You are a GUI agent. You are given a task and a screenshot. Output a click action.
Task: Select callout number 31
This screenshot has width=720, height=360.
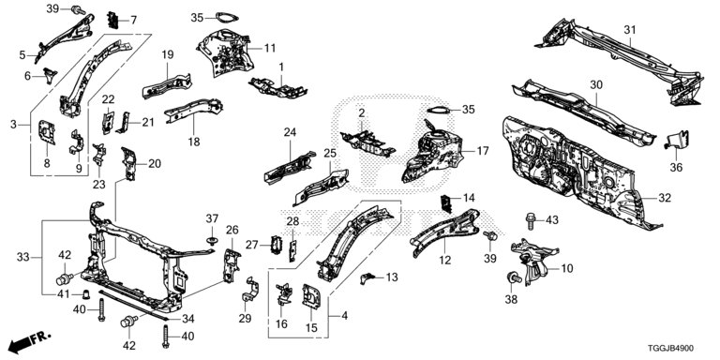630,30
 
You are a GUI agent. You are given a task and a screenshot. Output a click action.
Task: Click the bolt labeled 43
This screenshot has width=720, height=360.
531,220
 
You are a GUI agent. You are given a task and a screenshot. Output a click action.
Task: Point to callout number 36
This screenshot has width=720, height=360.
676,168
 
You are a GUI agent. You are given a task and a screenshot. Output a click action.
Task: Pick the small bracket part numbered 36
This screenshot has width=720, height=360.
676,140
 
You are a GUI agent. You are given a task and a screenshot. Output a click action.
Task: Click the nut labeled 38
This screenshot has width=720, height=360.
510,278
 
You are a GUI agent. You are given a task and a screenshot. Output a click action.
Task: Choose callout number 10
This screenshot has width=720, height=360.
567,268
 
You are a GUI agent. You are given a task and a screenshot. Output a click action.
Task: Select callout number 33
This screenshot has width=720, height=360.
22,257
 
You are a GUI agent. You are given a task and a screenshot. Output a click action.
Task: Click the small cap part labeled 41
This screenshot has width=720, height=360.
85,293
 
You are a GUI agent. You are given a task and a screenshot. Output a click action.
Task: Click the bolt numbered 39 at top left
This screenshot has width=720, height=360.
79,9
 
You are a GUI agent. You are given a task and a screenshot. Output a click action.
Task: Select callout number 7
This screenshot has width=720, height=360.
133,21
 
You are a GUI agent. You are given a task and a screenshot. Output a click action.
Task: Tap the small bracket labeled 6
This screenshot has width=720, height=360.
50,75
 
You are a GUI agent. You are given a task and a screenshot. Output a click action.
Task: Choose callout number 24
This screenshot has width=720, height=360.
290,133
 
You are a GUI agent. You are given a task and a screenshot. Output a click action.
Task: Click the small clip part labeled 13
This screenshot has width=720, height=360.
368,277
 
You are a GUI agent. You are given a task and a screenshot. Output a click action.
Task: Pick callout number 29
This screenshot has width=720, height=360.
245,318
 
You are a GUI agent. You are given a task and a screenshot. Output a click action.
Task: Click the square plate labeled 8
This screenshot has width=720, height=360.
47,132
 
